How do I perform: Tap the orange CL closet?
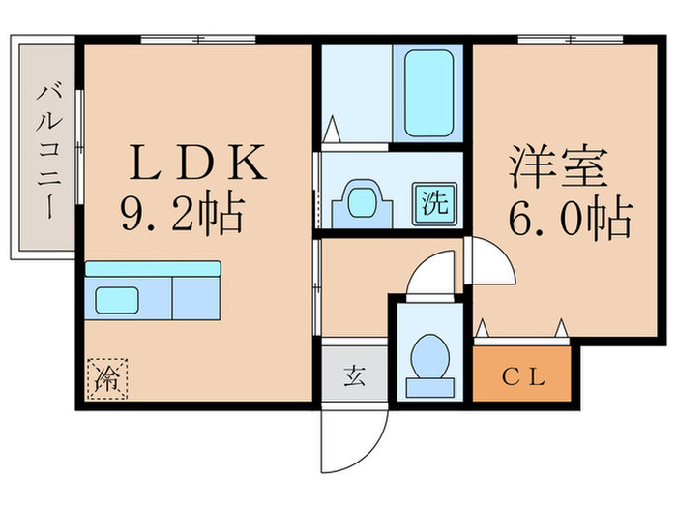click(x=522, y=377)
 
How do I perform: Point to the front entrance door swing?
click(x=353, y=435)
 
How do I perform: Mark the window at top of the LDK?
click(x=198, y=39)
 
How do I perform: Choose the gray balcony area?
click(x=43, y=150)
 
